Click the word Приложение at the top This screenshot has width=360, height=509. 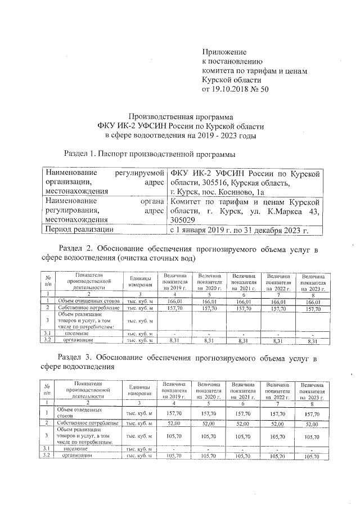click(223, 52)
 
